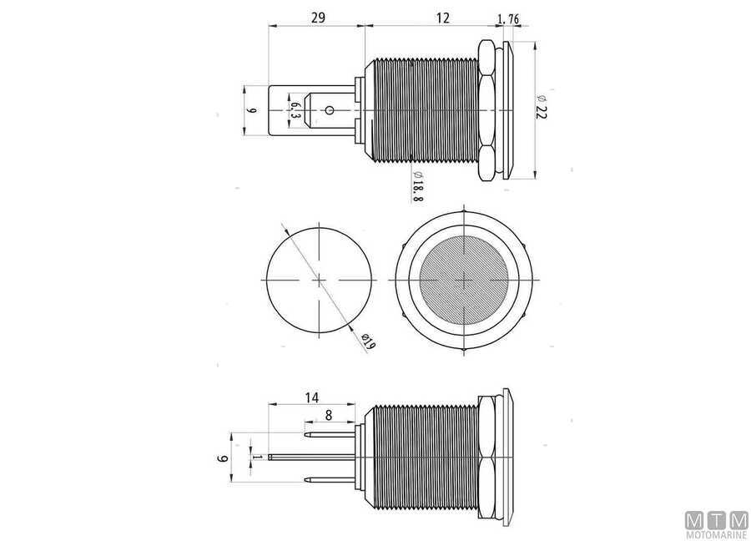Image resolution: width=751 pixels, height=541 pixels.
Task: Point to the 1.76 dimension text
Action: tap(509, 18)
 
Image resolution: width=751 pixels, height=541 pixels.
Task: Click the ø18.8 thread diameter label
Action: tap(418, 185)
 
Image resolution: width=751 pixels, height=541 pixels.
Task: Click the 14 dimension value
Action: tap(310, 399)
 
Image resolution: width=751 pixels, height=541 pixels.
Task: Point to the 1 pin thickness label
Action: tap(260, 457)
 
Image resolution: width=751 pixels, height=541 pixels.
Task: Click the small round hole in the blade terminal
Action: tap(330, 110)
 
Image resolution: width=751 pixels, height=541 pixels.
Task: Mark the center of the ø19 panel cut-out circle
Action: tap(318, 281)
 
